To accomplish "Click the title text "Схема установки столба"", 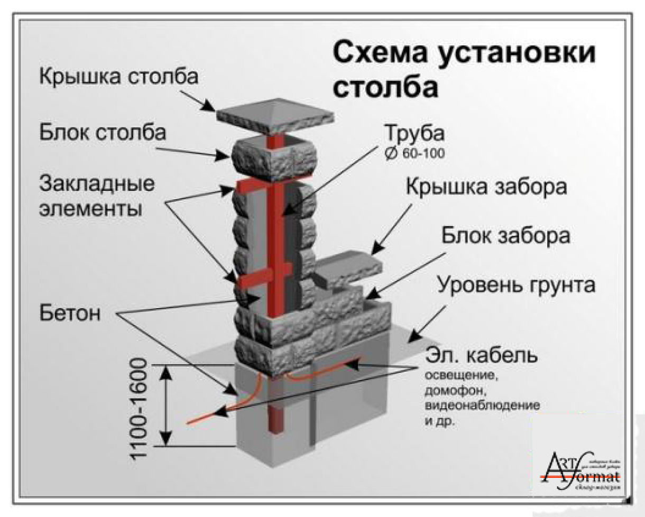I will [464, 70].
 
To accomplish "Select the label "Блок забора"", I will [506, 236].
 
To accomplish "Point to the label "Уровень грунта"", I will [516, 285].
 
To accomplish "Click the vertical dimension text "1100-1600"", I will [140, 410].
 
